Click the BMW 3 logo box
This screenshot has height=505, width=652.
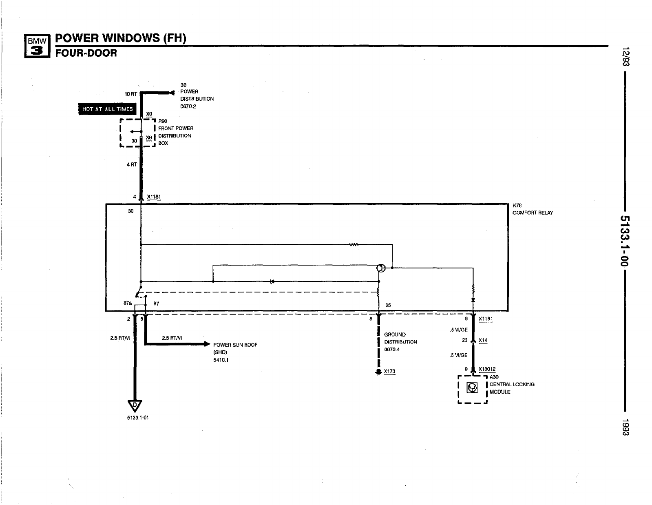point(37,45)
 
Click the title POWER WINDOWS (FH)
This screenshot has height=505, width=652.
point(120,38)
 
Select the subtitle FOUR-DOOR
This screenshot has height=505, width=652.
point(86,53)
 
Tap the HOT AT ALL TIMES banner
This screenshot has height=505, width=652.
point(108,109)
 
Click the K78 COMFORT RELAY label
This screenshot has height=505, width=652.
point(533,209)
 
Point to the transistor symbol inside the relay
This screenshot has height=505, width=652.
point(380,268)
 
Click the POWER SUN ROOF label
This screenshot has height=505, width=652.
point(235,345)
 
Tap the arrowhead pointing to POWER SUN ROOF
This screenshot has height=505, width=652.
point(206,344)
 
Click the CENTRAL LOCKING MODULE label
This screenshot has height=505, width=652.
point(512,388)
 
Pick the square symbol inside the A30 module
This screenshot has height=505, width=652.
point(472,388)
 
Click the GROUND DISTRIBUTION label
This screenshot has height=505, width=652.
point(400,338)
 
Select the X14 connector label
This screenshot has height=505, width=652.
point(483,340)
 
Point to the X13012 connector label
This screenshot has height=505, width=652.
point(487,369)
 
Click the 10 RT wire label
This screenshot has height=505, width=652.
point(130,94)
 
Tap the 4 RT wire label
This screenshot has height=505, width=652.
point(132,165)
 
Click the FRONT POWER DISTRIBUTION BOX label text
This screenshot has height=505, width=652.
point(175,132)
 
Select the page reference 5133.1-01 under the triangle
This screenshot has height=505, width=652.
point(138,418)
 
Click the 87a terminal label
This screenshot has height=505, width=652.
point(127,303)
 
